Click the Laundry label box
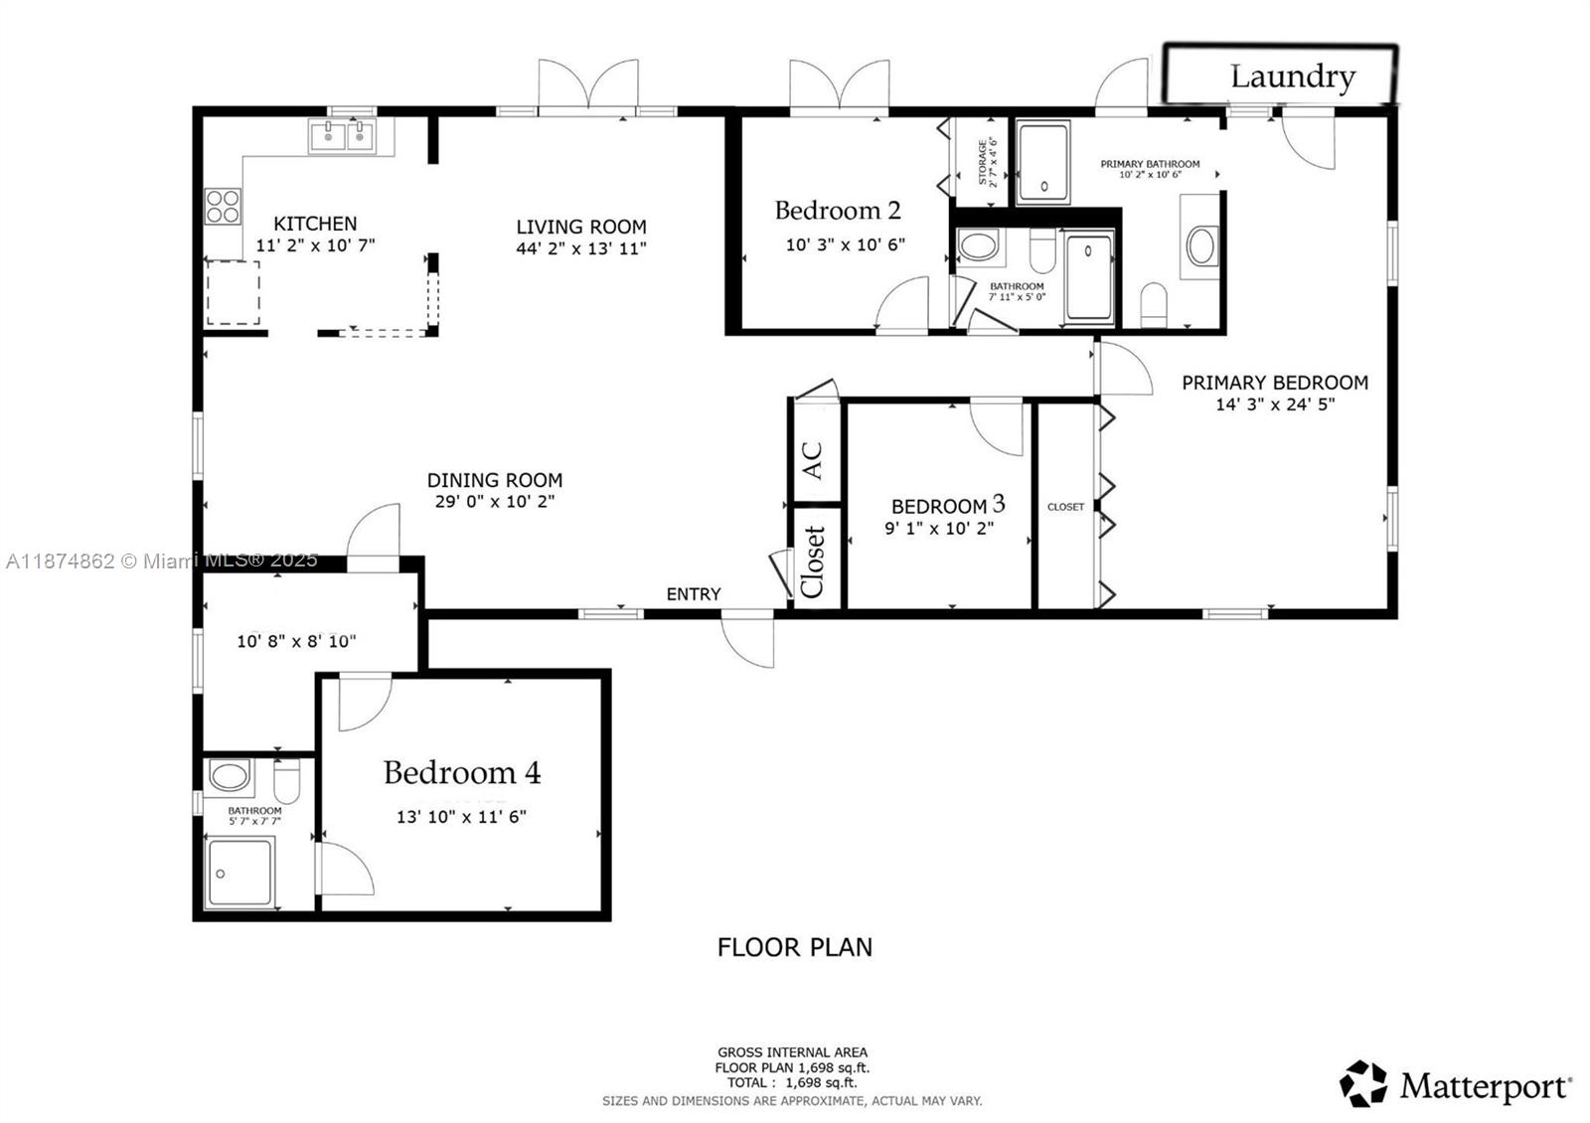tap(1280, 75)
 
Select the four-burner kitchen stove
tap(223, 206)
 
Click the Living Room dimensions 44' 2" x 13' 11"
tap(581, 248)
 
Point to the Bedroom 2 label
tap(837, 211)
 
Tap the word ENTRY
tap(693, 594)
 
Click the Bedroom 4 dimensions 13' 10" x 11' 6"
tap(461, 817)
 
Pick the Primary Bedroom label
tap(1274, 383)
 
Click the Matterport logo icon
tap(1362, 1084)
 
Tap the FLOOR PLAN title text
tap(794, 947)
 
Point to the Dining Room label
tap(495, 480)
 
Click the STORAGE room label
tap(982, 162)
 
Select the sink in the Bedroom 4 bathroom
tap(231, 776)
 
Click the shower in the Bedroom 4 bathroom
tap(239, 873)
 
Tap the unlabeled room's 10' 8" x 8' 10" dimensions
tap(296, 642)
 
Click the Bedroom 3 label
tap(947, 506)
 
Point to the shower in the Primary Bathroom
tap(1042, 162)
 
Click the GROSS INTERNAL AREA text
tap(792, 1052)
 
